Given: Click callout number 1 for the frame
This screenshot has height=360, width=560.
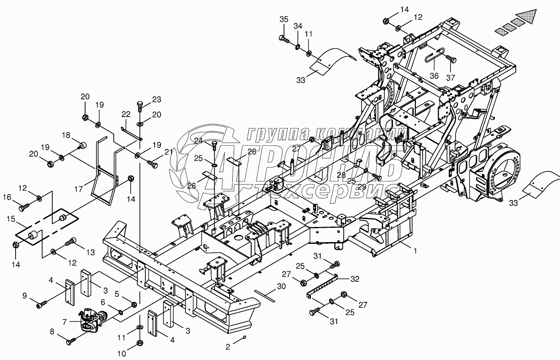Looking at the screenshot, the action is [415, 251].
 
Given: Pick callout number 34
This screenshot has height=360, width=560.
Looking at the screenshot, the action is [297, 26].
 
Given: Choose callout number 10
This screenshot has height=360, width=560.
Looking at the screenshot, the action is [122, 354].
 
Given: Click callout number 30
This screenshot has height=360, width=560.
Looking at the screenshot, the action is [281, 286].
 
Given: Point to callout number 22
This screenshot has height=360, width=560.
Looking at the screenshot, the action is [126, 114].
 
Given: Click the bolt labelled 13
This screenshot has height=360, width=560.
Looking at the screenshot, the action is [71, 242].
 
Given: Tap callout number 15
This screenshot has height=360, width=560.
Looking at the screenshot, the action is [11, 219].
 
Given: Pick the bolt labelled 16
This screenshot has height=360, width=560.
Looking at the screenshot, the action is [24, 207].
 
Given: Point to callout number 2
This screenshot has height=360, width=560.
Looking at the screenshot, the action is [228, 347].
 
